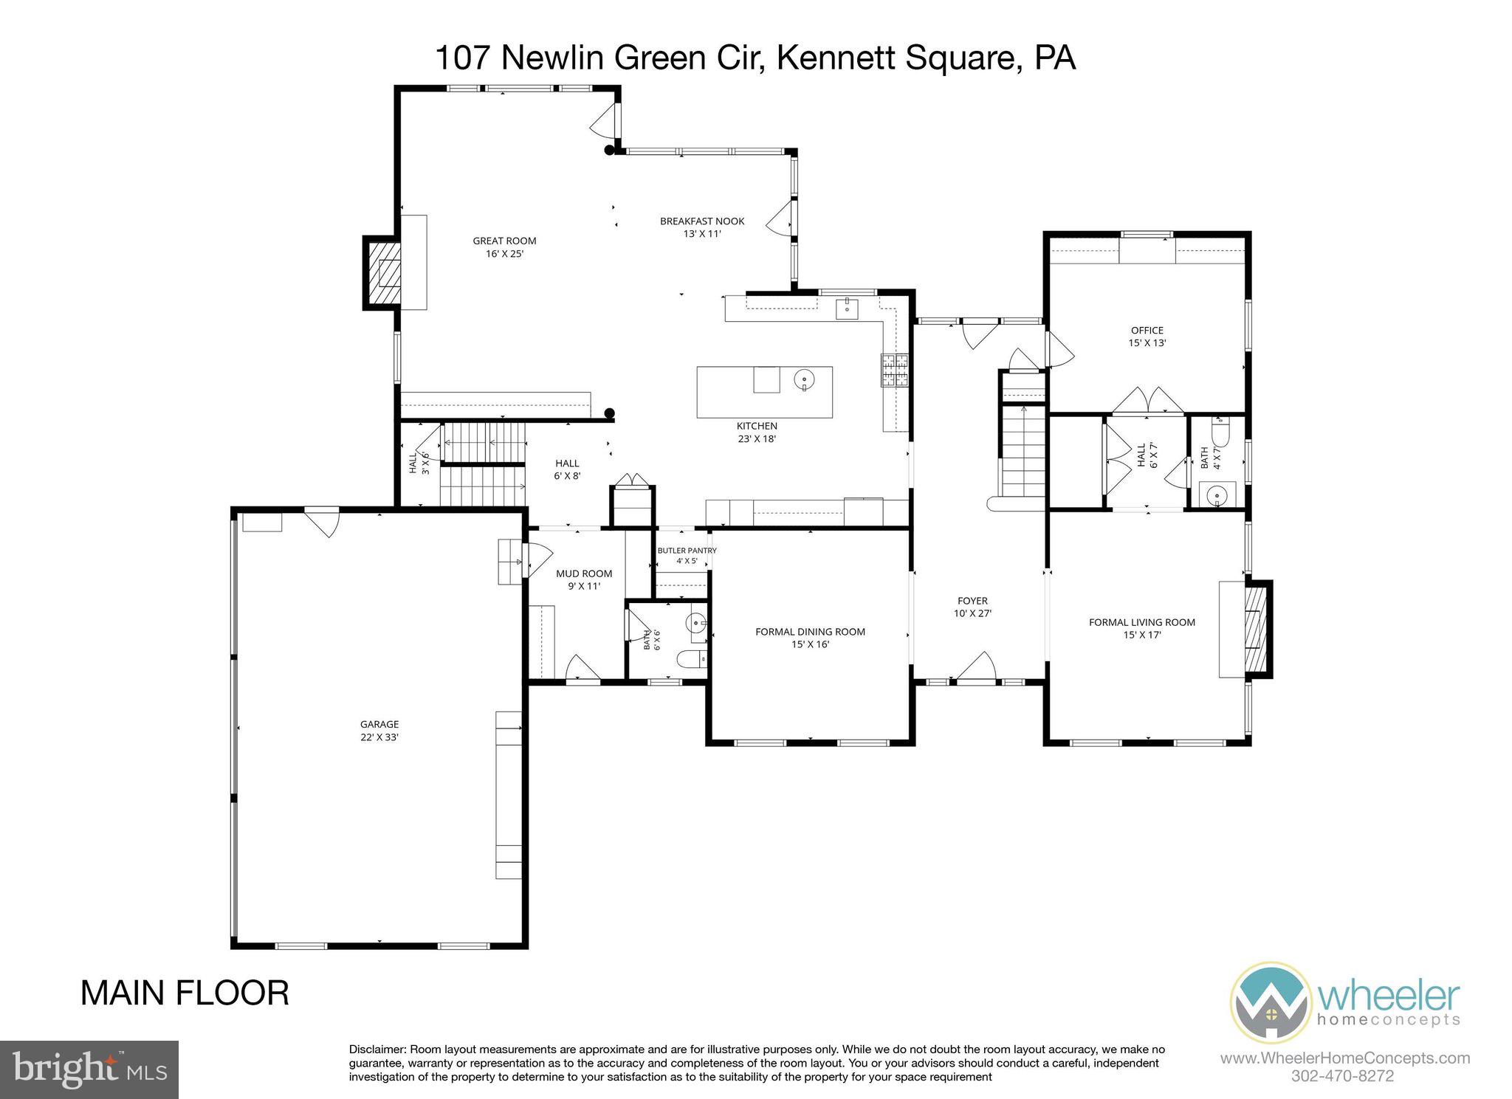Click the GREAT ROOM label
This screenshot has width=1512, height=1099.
tap(504, 241)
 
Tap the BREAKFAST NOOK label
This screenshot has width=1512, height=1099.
tap(702, 221)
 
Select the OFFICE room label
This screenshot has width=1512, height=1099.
tap(1147, 331)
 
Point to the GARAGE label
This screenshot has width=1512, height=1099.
tap(379, 725)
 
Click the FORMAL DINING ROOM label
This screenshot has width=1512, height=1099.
tap(810, 632)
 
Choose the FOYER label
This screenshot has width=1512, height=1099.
tap(972, 601)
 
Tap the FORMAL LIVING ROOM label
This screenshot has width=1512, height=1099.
tap(1141, 622)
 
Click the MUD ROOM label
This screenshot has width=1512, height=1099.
tap(584, 573)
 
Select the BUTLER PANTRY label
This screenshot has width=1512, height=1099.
tap(687, 551)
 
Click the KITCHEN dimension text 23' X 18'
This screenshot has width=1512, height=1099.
tap(757, 438)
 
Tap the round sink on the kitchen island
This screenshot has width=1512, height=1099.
tap(804, 380)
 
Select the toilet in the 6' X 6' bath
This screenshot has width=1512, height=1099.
tap(694, 659)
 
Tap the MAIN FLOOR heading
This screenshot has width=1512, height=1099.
tap(185, 993)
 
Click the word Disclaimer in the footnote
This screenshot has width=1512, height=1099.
tap(377, 1050)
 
